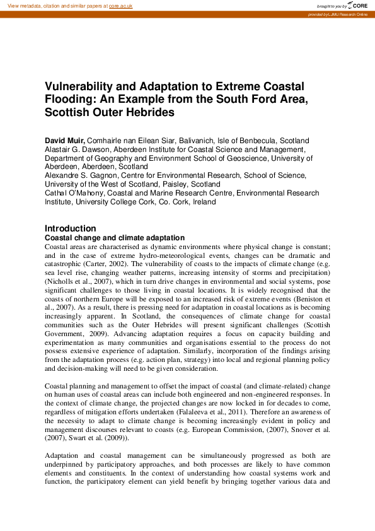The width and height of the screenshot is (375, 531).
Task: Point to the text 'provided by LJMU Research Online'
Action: [338, 14]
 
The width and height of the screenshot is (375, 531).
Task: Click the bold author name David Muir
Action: [64, 140]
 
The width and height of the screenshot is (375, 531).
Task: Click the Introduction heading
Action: [70, 228]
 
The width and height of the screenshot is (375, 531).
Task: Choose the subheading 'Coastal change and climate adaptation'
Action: [113, 237]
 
